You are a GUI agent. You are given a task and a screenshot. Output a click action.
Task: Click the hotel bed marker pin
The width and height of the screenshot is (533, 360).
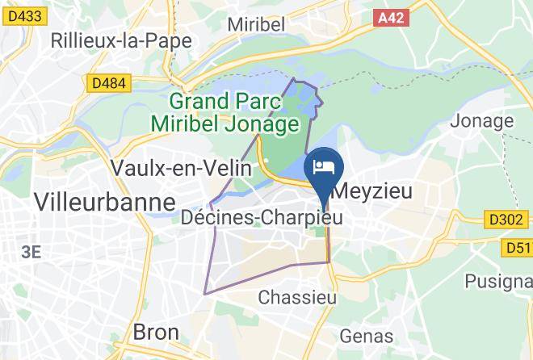[324, 167]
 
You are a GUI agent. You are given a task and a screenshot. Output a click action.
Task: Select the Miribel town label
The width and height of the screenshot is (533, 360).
[256, 25]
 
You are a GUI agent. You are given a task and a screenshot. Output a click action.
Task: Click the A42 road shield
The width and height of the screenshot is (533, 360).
[392, 15]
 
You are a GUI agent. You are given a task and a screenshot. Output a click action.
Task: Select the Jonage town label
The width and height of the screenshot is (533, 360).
[481, 121]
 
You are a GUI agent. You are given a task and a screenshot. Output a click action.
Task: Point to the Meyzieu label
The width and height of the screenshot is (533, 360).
[372, 191]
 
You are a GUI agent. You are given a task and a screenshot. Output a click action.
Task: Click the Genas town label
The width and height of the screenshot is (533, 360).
[367, 336]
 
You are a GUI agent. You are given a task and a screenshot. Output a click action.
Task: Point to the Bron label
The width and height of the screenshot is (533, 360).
[155, 332]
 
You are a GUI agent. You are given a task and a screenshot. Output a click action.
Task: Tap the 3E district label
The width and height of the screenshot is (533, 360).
[31, 252]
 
